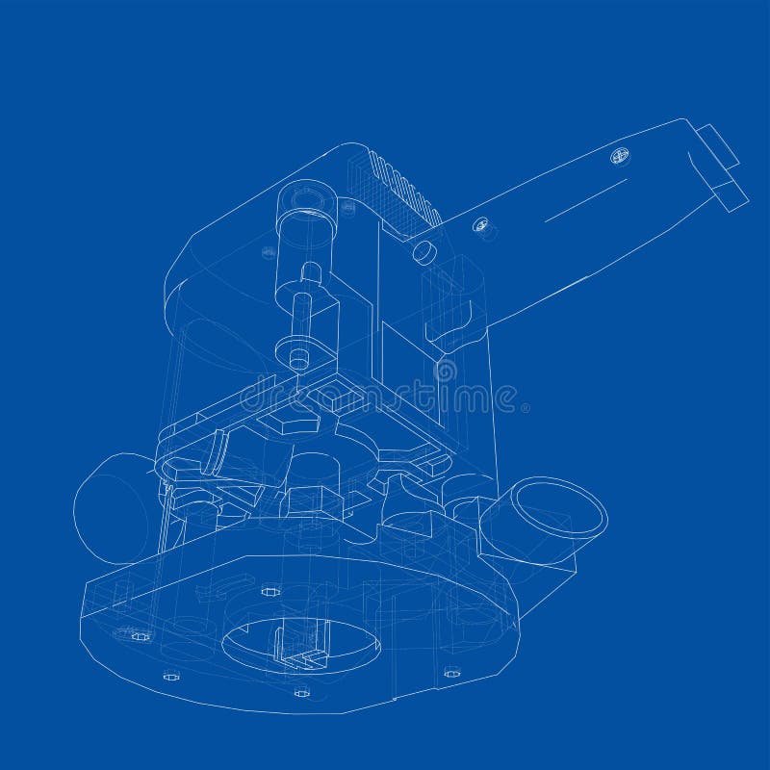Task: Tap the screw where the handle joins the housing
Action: click(480, 225)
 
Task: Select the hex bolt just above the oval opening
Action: click(269, 591)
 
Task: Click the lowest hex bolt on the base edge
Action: click(301, 691)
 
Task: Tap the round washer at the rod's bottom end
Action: click(298, 353)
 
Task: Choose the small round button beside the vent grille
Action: click(423, 251)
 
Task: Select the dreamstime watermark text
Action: click(380, 396)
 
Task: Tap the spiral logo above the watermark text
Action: click(446, 369)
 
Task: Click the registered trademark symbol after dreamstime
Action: click(525, 408)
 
